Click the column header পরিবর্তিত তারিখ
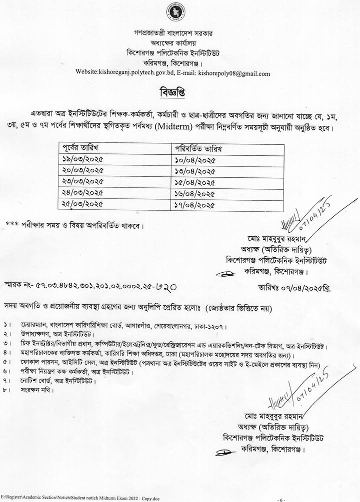pos(199,149)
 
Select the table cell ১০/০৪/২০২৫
pos(195,161)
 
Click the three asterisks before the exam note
pos(13,224)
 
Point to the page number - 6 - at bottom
pos(281,498)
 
